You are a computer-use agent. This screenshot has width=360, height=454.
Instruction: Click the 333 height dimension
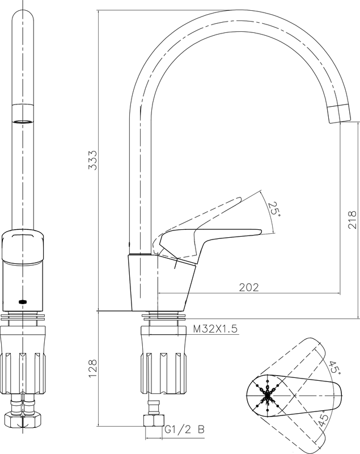point(92,160)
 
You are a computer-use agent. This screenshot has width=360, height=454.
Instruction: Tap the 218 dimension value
point(352,220)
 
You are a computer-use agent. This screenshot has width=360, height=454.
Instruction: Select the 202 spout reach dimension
point(249,287)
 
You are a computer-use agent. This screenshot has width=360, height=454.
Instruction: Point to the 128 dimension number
point(92,368)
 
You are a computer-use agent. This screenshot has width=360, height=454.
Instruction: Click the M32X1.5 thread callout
point(215,329)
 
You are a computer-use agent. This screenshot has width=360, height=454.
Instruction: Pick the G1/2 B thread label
point(184,429)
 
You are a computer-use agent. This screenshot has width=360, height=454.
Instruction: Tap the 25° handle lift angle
point(273,209)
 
